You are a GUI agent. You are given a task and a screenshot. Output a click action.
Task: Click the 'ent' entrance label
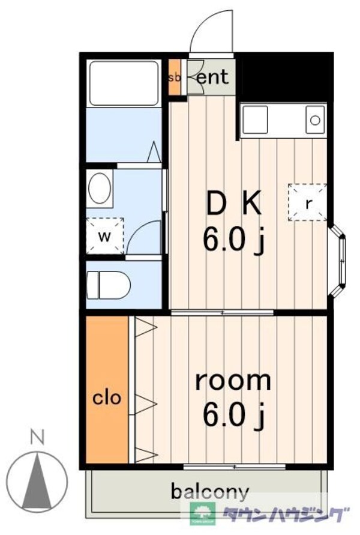[x=213, y=77]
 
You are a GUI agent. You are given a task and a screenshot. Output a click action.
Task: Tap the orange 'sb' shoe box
[x=175, y=77]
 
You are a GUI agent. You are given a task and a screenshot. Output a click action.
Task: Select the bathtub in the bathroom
[x=124, y=83]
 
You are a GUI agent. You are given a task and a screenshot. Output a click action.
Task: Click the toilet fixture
[x=109, y=285]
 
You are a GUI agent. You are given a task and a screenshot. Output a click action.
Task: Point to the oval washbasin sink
[x=100, y=189]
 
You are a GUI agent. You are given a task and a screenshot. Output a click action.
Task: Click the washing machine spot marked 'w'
[x=104, y=236]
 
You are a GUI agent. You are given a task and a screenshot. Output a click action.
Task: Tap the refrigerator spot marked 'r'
[x=307, y=203]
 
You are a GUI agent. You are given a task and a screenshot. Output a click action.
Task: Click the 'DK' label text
[x=234, y=204]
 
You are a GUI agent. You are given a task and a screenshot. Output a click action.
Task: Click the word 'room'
[x=233, y=381]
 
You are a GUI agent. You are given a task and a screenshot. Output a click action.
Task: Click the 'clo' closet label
[x=107, y=397]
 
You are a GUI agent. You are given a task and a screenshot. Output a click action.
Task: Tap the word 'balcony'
[x=209, y=492]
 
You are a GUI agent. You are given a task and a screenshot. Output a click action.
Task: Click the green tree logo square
[x=203, y=513]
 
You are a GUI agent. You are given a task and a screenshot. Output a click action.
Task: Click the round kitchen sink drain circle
[x=316, y=120]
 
